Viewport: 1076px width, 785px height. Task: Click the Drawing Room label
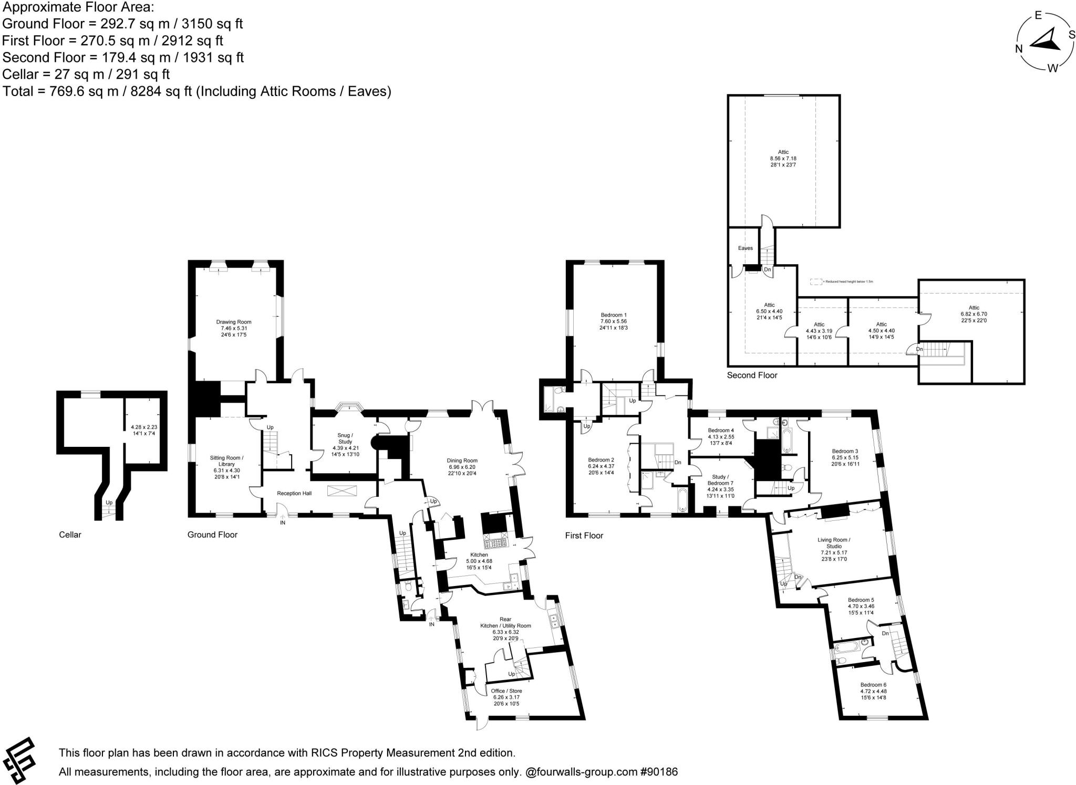click(x=234, y=322)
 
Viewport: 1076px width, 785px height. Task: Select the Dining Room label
click(x=463, y=460)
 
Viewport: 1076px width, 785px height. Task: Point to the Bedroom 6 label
click(x=873, y=685)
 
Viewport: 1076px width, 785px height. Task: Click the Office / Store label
click(x=506, y=691)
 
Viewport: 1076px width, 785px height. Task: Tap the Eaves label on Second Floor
click(x=745, y=248)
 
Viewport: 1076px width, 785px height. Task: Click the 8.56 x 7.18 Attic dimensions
click(x=783, y=158)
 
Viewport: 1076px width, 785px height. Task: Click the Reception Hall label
click(x=294, y=493)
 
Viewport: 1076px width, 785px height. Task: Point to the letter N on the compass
click(x=1018, y=49)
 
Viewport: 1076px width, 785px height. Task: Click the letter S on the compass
click(x=1068, y=34)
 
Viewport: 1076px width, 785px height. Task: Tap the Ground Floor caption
click(x=212, y=535)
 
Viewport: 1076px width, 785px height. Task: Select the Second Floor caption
click(x=752, y=375)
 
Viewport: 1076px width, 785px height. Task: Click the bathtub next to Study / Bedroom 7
click(x=682, y=500)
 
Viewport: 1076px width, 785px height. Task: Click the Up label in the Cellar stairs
click(x=109, y=503)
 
